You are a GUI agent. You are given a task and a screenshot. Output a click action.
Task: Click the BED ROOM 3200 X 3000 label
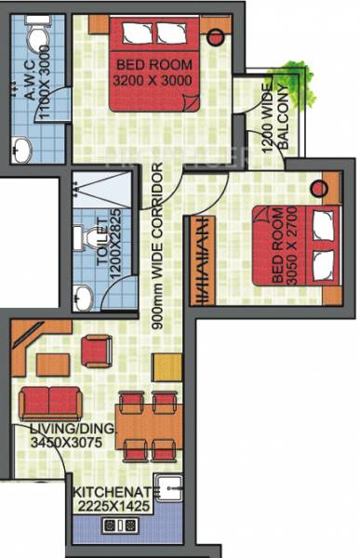(x=154, y=72)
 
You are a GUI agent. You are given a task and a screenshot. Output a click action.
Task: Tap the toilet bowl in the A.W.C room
(x=37, y=37)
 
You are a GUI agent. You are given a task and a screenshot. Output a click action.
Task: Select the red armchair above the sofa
(x=96, y=351)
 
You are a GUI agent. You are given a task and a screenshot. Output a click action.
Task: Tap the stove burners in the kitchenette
(x=119, y=525)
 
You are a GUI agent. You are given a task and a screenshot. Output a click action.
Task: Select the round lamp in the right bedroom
(x=317, y=189)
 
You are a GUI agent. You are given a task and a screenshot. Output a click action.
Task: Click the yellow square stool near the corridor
(x=167, y=365)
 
